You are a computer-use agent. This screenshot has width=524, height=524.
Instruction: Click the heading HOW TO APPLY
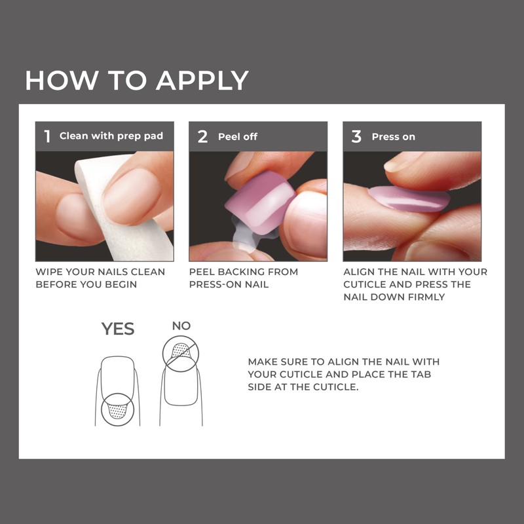137,80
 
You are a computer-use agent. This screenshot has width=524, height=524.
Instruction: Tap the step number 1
47,136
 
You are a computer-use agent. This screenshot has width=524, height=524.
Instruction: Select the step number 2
203,136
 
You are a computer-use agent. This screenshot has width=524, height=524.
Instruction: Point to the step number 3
356,136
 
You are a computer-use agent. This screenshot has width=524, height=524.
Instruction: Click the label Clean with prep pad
111,136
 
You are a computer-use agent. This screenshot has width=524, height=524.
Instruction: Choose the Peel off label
238,136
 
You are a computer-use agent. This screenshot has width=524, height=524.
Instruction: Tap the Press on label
393,136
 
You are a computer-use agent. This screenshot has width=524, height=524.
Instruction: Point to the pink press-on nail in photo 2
259,200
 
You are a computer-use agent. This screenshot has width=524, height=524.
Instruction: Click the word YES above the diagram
118,329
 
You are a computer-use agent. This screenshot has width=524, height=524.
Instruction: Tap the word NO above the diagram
182,326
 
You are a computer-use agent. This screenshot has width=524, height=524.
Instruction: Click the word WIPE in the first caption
50,272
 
